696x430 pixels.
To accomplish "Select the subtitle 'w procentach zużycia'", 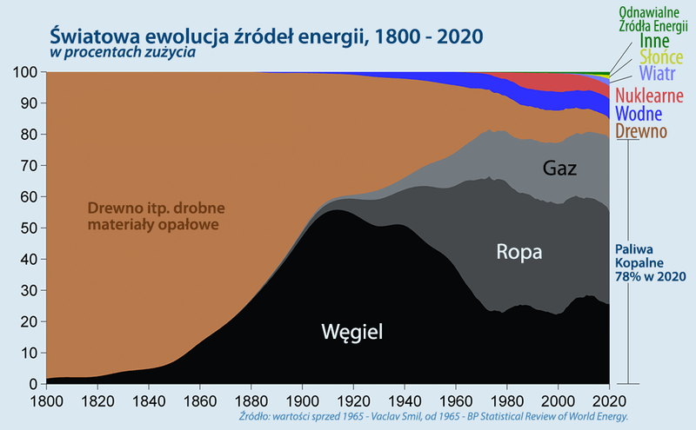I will click(x=122, y=54).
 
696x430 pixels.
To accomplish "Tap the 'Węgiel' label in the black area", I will click(x=352, y=331).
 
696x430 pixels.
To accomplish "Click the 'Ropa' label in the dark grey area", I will click(x=519, y=253).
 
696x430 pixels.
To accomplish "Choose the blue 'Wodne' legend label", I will click(x=639, y=114).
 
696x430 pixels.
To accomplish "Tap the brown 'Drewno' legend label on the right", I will click(x=640, y=132).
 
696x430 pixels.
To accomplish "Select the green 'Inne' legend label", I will click(x=653, y=41).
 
